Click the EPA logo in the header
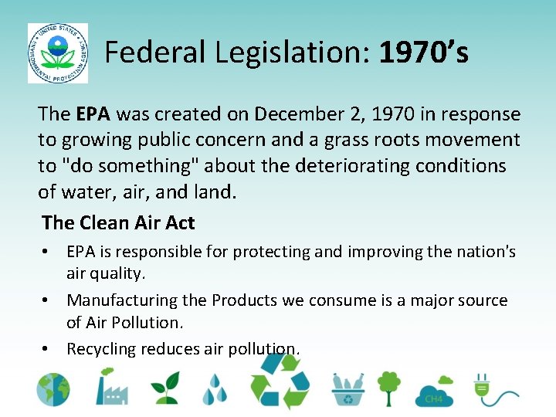57,53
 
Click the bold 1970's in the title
424,53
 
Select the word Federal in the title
155,53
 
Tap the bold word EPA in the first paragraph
93,114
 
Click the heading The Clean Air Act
118,222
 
